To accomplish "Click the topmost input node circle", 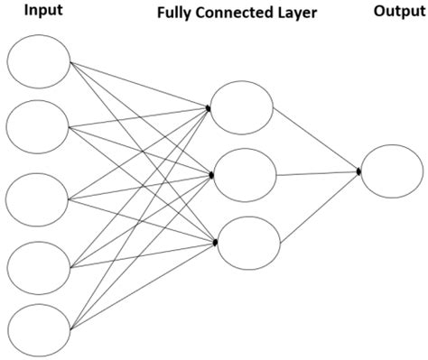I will click(x=38, y=61).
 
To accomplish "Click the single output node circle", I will click(x=391, y=170).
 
